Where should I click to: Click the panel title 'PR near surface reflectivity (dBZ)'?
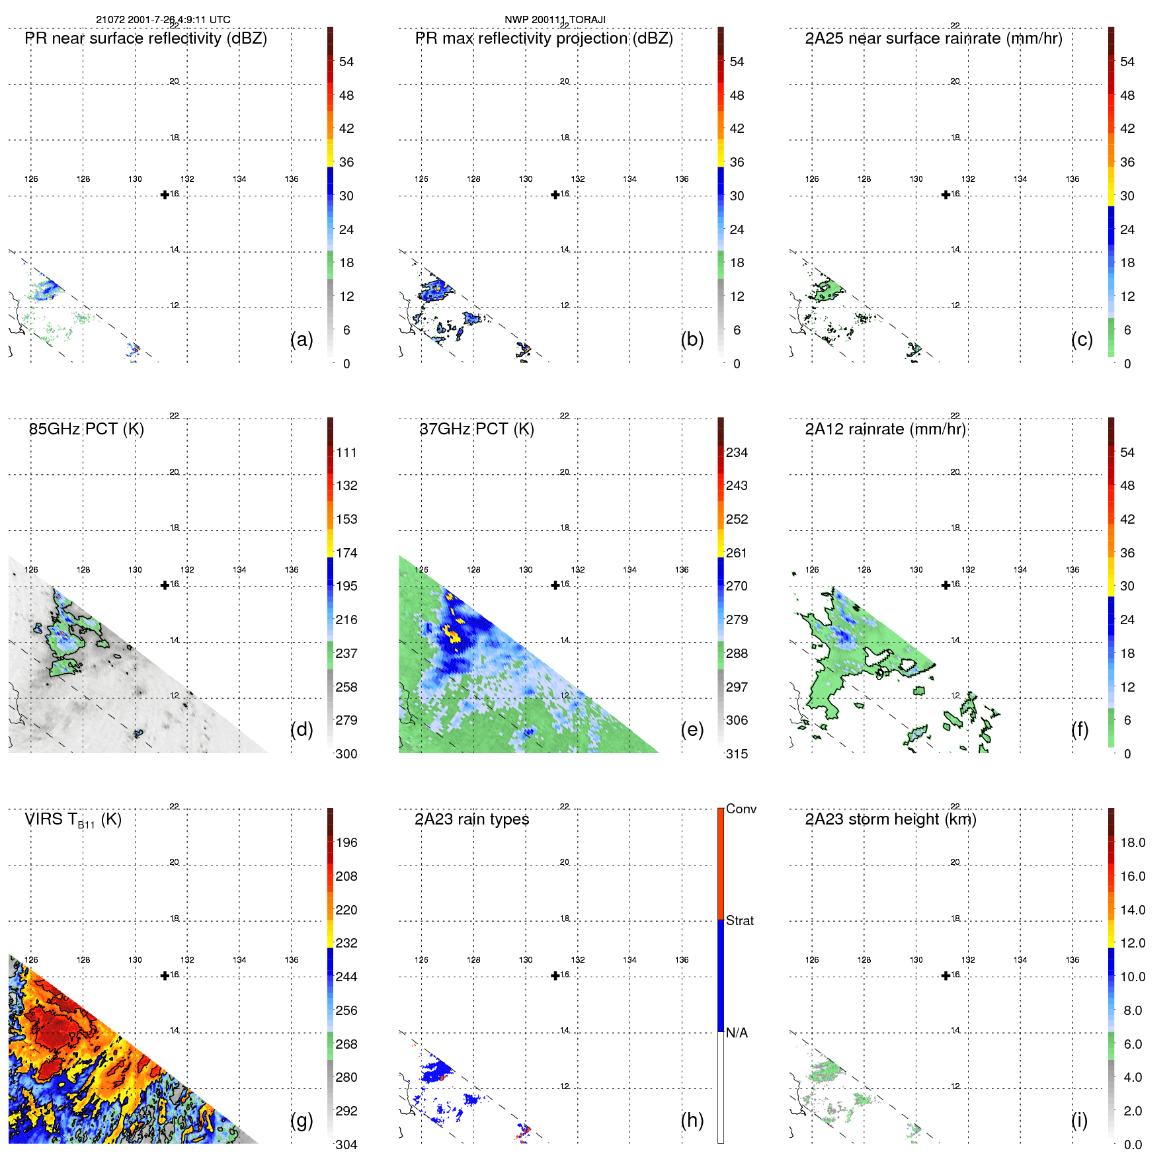point(145,38)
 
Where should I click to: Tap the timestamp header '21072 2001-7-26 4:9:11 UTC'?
point(163,20)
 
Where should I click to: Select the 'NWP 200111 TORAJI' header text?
point(555,20)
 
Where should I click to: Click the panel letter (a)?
point(302,339)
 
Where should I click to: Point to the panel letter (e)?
point(692,729)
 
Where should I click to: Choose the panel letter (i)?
point(1079,1120)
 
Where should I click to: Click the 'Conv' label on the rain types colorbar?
point(741,809)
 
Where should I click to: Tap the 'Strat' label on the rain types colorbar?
point(740,920)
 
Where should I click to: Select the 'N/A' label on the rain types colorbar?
point(737,1033)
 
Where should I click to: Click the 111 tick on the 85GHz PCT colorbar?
point(346,452)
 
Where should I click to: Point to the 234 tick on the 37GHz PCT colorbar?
point(737,452)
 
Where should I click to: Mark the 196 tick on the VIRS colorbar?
point(346,842)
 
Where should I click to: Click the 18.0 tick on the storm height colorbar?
point(1133,842)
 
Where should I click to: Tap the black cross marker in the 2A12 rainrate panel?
point(946,585)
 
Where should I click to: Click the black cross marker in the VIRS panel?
point(165,975)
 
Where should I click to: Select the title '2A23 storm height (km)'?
point(891,819)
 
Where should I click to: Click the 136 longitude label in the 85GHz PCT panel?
point(292,569)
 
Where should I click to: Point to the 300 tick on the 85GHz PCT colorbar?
point(346,754)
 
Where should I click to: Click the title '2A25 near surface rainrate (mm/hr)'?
point(934,38)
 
